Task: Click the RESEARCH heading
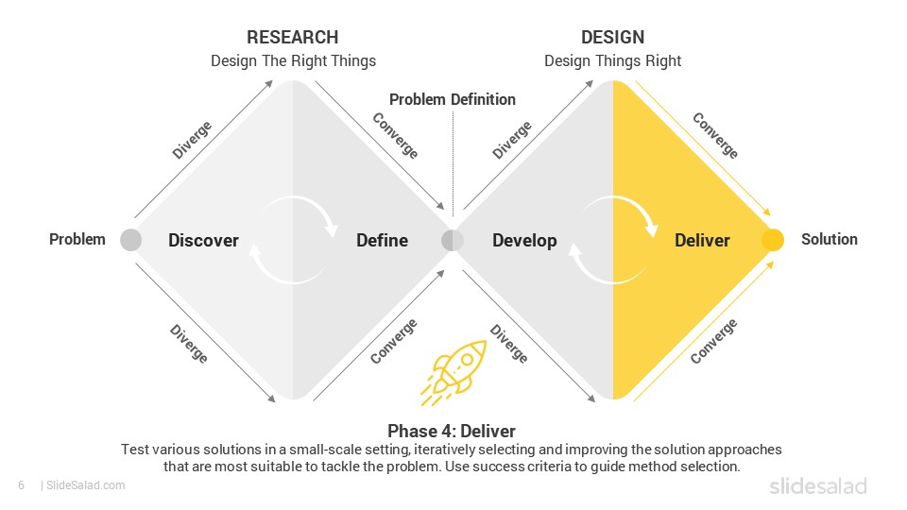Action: [x=293, y=37]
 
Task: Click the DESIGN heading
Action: [x=612, y=37]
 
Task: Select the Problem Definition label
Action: [x=453, y=99]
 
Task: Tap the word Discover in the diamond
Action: [x=204, y=240]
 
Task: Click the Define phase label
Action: [x=383, y=240]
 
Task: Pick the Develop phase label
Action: [x=524, y=241]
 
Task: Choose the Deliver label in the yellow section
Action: [x=702, y=240]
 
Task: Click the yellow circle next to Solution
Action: [x=773, y=239]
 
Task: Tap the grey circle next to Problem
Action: [x=130, y=239]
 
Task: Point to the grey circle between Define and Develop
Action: [x=453, y=240]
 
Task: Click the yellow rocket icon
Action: [x=455, y=371]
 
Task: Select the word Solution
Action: [x=829, y=239]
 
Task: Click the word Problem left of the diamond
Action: [x=77, y=239]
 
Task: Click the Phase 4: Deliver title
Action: [x=452, y=431]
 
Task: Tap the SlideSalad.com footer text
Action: [x=83, y=485]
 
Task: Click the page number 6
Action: [x=22, y=485]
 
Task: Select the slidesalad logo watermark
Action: [x=818, y=485]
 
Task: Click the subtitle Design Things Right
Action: [x=612, y=60]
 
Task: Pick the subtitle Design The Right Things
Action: [x=293, y=60]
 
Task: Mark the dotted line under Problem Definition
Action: [x=453, y=163]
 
